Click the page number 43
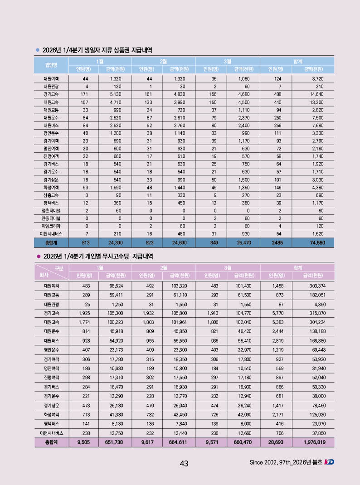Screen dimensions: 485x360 click(x=184, y=463)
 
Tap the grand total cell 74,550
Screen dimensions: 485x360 click(x=316, y=243)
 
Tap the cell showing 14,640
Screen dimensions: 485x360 click(x=316, y=94)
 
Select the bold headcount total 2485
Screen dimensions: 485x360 click(x=277, y=243)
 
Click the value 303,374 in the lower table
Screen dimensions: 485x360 click(x=316, y=286)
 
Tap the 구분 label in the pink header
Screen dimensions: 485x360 click(x=59, y=269)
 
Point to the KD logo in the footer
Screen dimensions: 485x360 click(x=330, y=462)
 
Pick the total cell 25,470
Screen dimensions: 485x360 click(x=243, y=243)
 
